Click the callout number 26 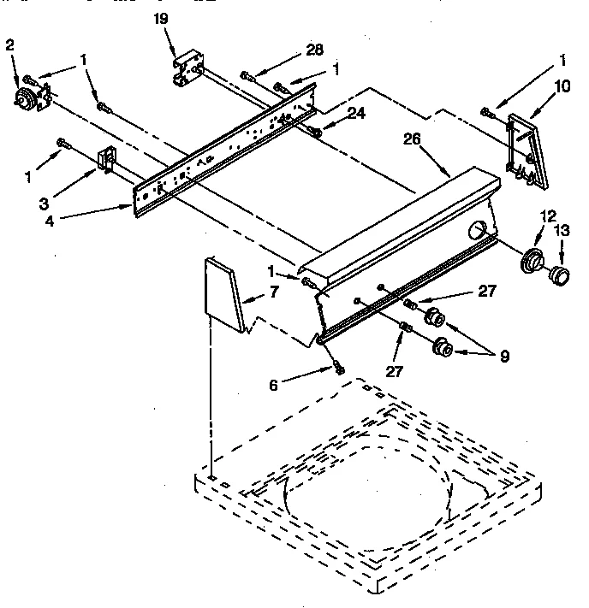pos(412,139)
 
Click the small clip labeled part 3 pos(106,160)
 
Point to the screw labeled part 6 pos(340,369)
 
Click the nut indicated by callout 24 pos(316,131)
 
